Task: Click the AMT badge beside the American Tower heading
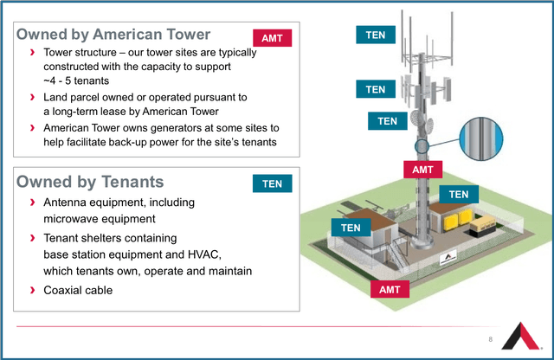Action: click(x=272, y=38)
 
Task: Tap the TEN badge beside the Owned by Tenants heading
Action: click(x=272, y=183)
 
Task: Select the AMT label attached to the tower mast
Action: click(x=423, y=170)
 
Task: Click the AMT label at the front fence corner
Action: click(x=390, y=289)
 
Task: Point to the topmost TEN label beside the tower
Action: click(x=376, y=35)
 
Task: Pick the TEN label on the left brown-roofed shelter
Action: click(x=351, y=228)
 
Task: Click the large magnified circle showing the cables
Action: click(x=481, y=138)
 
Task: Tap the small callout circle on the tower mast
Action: click(x=422, y=146)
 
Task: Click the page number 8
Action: click(x=491, y=339)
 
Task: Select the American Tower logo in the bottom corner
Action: click(x=521, y=336)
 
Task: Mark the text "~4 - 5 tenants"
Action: click(x=76, y=80)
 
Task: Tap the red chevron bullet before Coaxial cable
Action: click(x=33, y=290)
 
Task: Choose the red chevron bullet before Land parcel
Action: click(x=33, y=97)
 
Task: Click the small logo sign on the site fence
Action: click(x=448, y=258)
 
